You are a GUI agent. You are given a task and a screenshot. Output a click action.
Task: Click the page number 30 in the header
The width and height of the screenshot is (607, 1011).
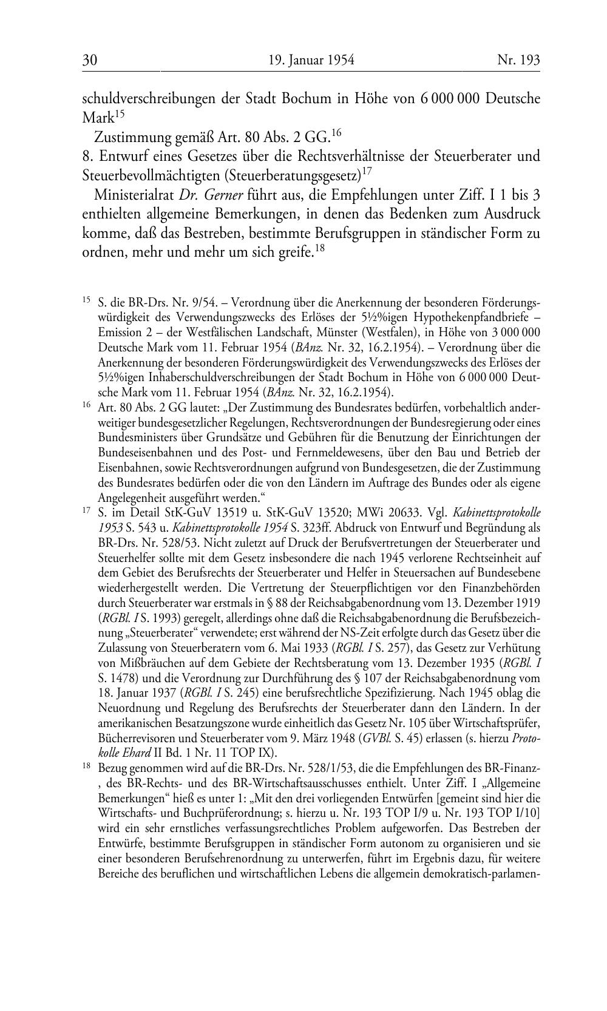point(90,60)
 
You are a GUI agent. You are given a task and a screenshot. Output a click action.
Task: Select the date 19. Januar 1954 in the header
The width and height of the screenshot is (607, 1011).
point(311,60)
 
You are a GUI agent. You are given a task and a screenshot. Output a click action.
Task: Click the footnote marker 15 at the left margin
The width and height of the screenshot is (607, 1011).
point(87,300)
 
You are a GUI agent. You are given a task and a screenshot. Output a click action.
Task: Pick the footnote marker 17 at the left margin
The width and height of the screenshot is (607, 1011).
point(87,511)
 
